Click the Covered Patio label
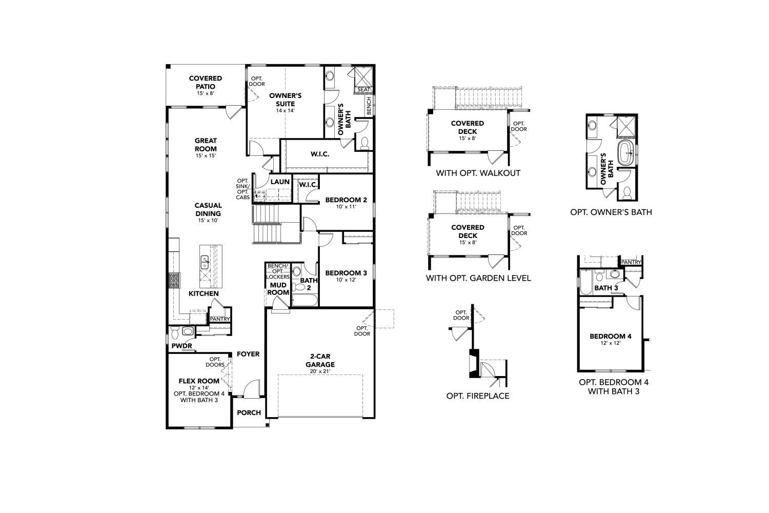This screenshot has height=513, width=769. (206, 83)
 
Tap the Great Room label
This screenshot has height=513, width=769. (206, 145)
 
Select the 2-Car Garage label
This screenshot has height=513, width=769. (320, 361)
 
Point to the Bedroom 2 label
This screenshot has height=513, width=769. (346, 200)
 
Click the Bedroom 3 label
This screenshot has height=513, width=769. (346, 273)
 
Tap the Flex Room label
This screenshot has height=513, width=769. (199, 381)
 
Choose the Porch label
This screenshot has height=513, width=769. (249, 412)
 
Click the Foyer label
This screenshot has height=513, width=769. (248, 354)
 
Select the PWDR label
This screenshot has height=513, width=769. (181, 346)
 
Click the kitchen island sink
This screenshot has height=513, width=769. (205, 262)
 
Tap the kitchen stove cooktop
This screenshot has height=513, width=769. (174, 281)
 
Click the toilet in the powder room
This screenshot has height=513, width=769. (175, 332)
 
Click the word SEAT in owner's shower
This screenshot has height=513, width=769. (363, 90)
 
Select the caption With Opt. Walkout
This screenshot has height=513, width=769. (478, 173)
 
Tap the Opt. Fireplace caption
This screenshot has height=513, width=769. (478, 396)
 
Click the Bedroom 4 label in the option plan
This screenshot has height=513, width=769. (611, 336)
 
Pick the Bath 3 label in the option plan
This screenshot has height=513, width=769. (606, 288)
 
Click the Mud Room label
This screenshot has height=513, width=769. (278, 289)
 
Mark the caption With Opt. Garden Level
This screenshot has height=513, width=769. (478, 278)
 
